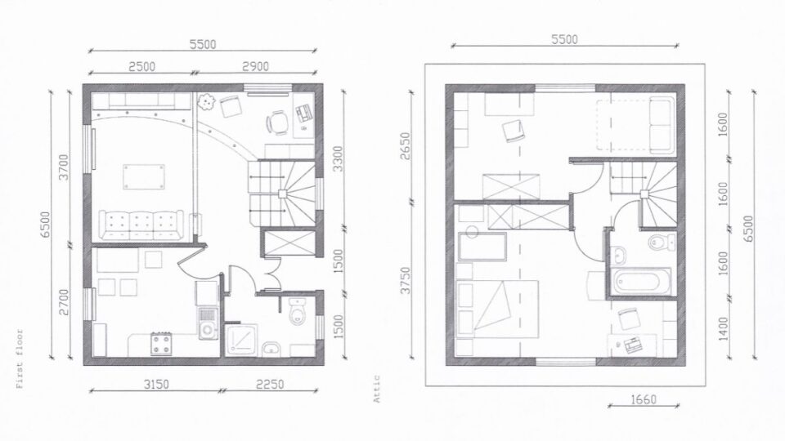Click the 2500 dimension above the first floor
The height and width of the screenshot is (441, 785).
coord(141,65)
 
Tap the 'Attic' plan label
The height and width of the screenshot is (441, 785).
coord(378,394)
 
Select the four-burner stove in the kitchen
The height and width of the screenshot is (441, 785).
coord(161,344)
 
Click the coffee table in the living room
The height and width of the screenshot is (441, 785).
coord(137,177)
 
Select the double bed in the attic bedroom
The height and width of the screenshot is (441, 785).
coord(498,307)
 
